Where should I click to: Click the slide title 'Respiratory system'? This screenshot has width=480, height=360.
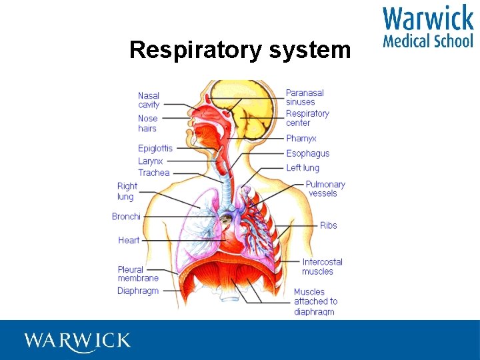[240, 50]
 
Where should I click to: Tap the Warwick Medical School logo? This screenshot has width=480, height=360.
[427, 27]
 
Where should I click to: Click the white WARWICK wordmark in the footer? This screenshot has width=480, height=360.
[77, 341]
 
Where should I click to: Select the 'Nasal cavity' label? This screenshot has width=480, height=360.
[149, 100]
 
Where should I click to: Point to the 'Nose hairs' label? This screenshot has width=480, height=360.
[148, 123]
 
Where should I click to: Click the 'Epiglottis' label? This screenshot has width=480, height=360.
[155, 148]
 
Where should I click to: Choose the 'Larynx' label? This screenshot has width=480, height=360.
[151, 161]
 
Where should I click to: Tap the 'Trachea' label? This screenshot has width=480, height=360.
[153, 173]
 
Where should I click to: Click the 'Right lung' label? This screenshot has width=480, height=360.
[127, 191]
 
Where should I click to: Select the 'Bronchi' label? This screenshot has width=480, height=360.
[126, 217]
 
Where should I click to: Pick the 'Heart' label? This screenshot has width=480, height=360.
[129, 240]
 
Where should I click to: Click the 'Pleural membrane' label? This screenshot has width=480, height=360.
[138, 273]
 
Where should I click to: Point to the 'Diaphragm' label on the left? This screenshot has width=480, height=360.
[138, 291]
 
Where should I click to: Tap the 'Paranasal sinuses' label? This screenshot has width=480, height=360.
[305, 97]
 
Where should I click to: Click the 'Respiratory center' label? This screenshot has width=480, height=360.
[307, 118]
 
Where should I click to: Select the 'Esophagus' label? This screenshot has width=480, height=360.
[307, 153]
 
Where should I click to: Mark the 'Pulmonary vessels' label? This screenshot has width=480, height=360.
[325, 189]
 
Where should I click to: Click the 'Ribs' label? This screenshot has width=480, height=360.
[329, 225]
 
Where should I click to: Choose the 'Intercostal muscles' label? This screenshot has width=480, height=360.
[322, 267]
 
